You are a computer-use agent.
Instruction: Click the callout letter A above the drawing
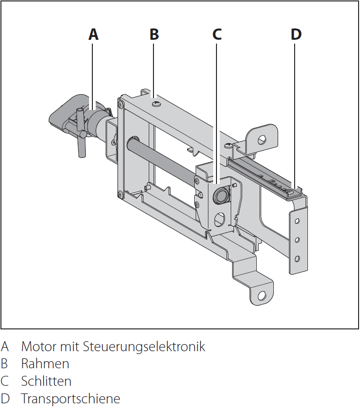tap(94, 34)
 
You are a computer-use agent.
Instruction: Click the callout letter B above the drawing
tap(154, 34)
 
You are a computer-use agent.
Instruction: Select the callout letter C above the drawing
tap(216, 34)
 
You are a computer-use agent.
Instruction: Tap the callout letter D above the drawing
tap(296, 34)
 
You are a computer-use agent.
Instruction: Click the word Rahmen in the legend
tap(45, 364)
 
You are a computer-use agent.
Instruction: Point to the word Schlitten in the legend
tap(46, 381)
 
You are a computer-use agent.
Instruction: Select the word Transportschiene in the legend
tap(71, 399)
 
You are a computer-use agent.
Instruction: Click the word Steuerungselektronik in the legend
tap(144, 346)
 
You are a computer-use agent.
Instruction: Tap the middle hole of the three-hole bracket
tap(297, 240)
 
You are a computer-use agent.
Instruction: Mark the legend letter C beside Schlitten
tap(5, 381)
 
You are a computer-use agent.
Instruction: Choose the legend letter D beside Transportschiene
tap(5, 399)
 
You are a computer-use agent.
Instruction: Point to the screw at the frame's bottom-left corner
tap(121, 194)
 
